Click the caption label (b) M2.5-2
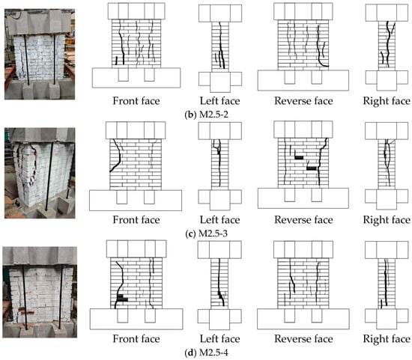tap(206, 115)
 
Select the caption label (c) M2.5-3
tap(206, 234)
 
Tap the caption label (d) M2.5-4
tap(206, 352)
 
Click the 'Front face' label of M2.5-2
tap(136, 101)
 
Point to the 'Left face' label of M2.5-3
tap(220, 220)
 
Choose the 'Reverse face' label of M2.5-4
tap(303, 338)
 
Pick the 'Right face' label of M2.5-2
tap(387, 101)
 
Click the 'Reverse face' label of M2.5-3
tap(303, 220)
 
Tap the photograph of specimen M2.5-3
tap(40, 173)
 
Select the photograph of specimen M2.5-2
tap(40, 54)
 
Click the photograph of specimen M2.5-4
tap(40, 292)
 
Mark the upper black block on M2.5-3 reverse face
tap(299, 157)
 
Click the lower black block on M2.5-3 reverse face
tap(312, 168)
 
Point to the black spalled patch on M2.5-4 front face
tap(122, 298)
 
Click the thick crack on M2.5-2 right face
tap(388, 45)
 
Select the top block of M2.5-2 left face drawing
tap(220, 13)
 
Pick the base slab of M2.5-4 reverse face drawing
tap(303, 319)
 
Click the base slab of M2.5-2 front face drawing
tap(136, 78)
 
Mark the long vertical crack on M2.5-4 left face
tap(220, 281)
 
